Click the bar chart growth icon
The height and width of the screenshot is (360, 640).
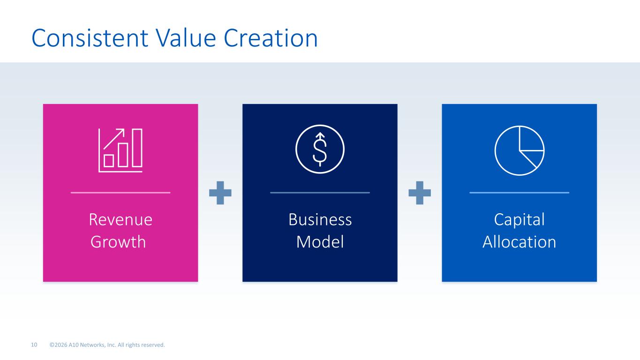(120, 150)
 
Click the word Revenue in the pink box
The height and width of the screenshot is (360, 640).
(120, 219)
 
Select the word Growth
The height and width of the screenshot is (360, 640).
(118, 242)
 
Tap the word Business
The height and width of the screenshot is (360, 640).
(320, 219)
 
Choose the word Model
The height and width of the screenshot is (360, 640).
(320, 242)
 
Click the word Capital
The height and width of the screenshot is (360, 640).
(519, 220)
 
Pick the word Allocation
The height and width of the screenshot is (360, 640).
(519, 242)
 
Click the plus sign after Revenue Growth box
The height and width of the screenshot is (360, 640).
(220, 193)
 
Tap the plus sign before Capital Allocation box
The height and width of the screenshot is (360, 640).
(420, 193)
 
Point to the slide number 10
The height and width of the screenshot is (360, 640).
(34, 345)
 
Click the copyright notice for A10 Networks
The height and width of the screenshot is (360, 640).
(107, 345)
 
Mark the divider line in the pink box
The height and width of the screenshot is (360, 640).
(120, 193)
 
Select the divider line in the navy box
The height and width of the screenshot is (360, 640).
(320, 193)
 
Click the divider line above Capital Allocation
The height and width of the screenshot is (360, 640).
(519, 193)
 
